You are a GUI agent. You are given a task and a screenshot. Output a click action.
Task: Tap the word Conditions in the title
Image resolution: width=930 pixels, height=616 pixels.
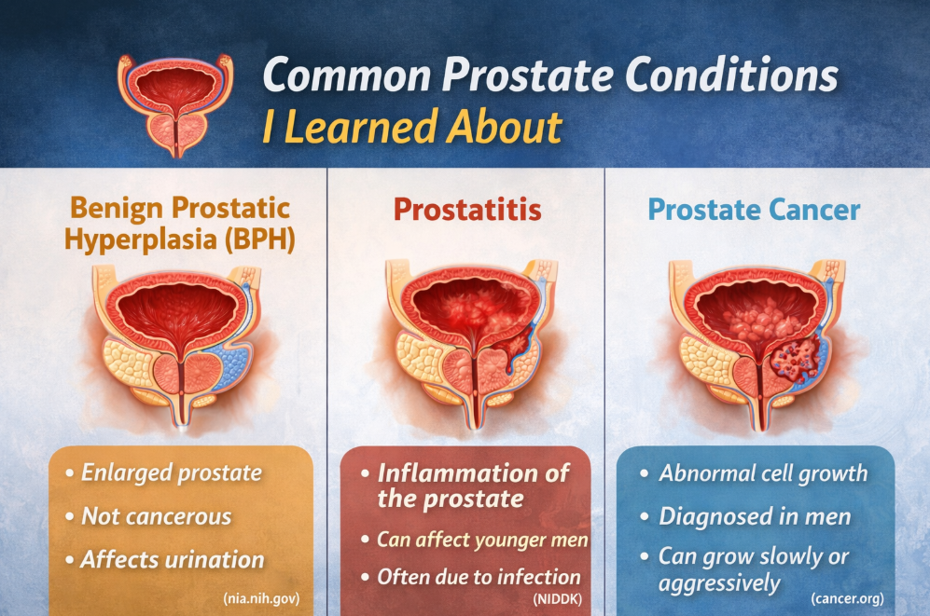731,75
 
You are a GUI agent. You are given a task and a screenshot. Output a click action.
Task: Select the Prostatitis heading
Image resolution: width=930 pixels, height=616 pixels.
467,209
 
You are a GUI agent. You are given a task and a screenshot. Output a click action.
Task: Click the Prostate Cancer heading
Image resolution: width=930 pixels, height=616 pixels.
754,209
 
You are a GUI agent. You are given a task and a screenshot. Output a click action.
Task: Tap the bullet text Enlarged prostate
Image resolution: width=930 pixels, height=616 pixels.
172,472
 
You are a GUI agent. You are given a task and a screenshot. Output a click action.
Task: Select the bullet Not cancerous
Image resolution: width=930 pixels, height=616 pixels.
157,516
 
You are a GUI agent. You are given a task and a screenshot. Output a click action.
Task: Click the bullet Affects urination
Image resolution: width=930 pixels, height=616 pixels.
173,560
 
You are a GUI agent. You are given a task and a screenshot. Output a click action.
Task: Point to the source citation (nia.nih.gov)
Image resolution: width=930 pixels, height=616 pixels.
261,598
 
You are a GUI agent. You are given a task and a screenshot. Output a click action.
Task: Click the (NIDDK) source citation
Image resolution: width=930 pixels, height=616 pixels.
558,599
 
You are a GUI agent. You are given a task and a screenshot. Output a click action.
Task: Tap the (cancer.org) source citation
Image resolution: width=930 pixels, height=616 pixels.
847,598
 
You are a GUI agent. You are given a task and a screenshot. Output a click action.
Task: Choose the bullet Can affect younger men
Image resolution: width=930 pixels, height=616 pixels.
483,540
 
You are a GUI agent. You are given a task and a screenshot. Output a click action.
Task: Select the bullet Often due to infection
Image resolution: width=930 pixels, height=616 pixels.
479,577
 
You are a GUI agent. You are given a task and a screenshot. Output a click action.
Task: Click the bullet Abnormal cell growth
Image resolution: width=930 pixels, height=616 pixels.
763,473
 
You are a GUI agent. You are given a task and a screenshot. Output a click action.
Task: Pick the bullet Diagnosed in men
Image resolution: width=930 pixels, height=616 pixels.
755,516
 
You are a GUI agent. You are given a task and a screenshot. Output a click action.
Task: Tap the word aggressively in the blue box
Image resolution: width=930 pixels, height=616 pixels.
719,583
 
